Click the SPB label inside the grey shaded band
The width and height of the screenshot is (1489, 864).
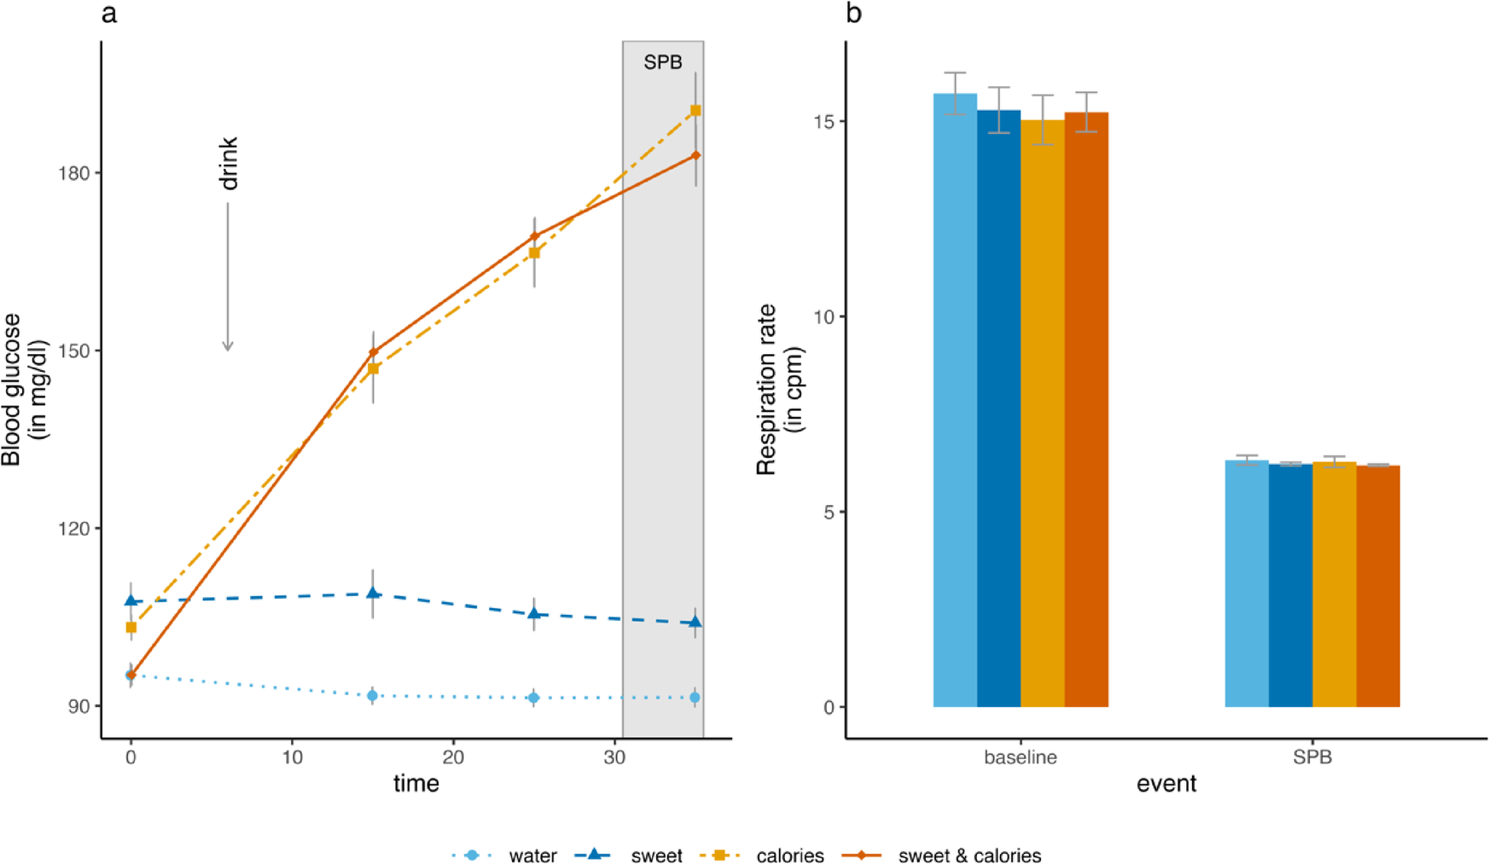(662, 62)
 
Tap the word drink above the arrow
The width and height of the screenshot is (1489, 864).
(229, 163)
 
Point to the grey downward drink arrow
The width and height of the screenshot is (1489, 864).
(228, 277)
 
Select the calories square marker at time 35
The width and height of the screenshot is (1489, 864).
(695, 111)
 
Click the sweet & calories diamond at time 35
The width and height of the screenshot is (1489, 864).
(695, 155)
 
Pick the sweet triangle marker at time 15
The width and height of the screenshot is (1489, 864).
(373, 593)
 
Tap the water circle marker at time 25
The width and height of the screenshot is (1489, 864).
(533, 698)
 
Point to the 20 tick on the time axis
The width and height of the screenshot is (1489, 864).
(453, 757)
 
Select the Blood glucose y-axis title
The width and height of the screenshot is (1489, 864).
(24, 389)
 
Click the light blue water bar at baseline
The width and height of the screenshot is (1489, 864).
(955, 401)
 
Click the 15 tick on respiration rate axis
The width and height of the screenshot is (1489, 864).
(823, 121)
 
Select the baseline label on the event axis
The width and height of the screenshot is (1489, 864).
(1020, 757)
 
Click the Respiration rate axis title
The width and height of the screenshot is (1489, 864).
(779, 389)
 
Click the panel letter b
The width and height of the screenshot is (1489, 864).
(853, 14)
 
